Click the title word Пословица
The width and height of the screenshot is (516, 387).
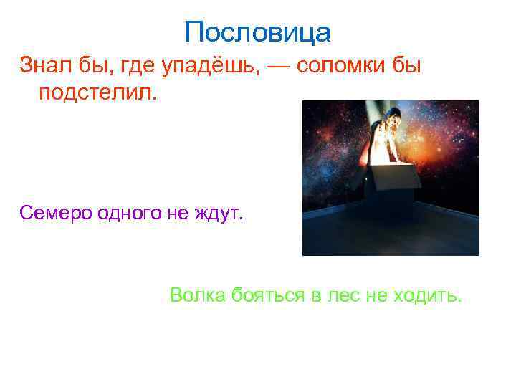point(257,32)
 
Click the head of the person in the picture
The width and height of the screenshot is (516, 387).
point(390,115)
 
